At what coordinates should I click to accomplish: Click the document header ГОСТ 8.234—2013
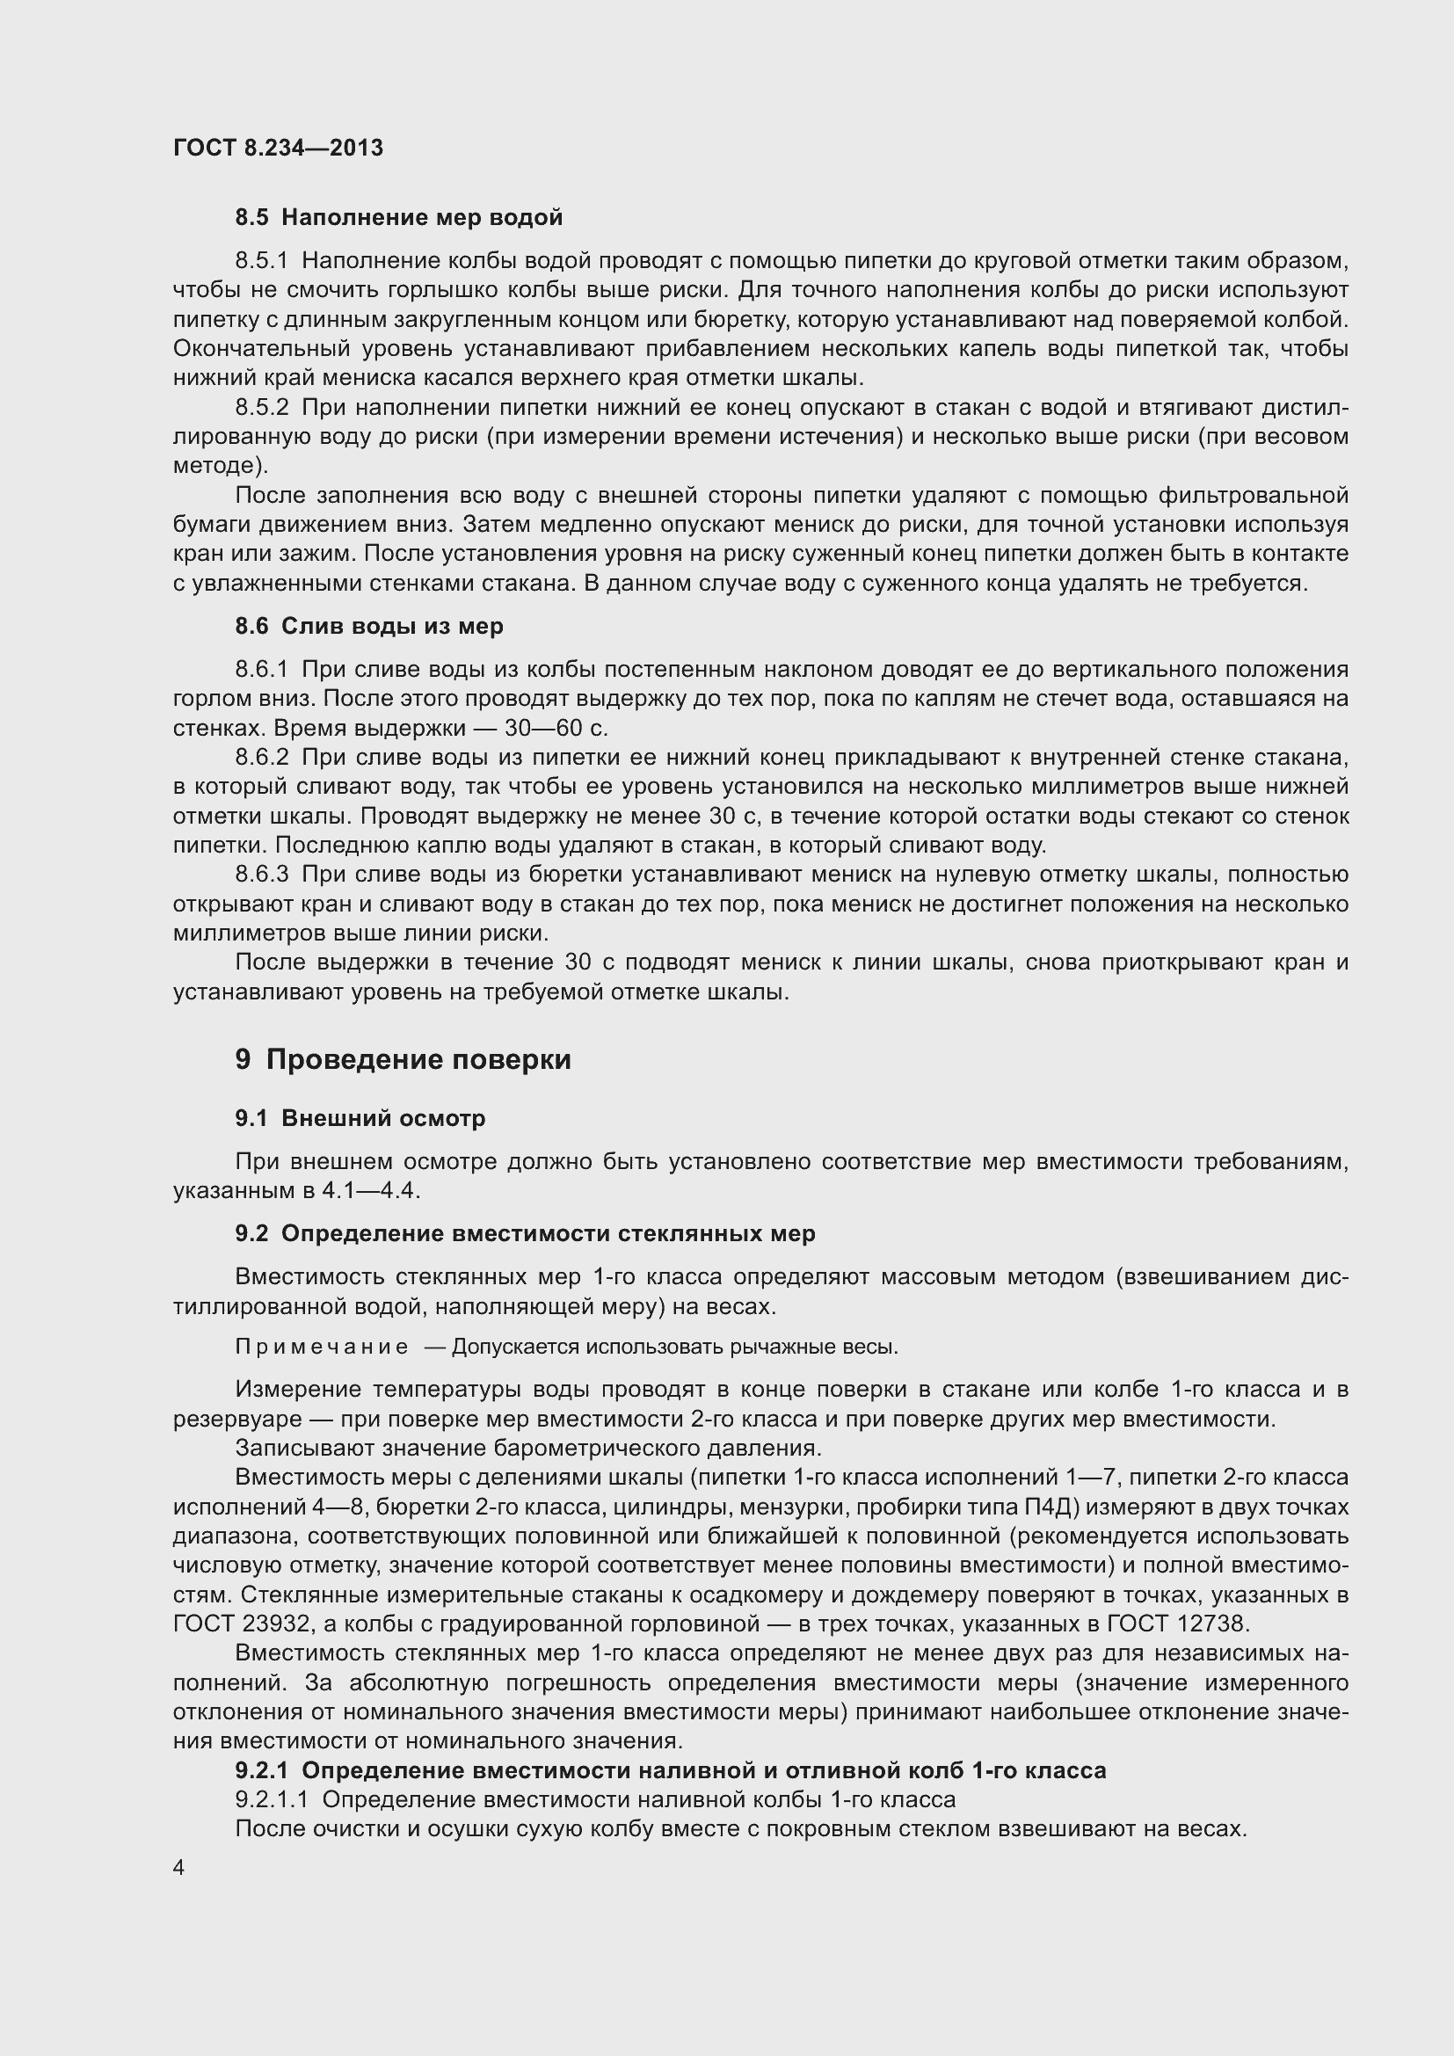tap(278, 149)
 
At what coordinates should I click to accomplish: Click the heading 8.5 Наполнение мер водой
tap(398, 218)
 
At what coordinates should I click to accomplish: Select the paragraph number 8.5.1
tap(261, 261)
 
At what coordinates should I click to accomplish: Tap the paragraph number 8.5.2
tap(261, 409)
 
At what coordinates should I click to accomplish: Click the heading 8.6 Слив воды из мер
tap(369, 627)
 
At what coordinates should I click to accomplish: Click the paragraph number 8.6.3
tap(261, 875)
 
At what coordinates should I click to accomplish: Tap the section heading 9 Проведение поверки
tap(403, 1060)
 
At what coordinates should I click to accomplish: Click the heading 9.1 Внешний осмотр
tap(360, 1119)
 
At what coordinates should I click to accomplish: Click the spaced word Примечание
tap(322, 1348)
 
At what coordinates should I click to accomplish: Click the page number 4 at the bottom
tap(179, 1868)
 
